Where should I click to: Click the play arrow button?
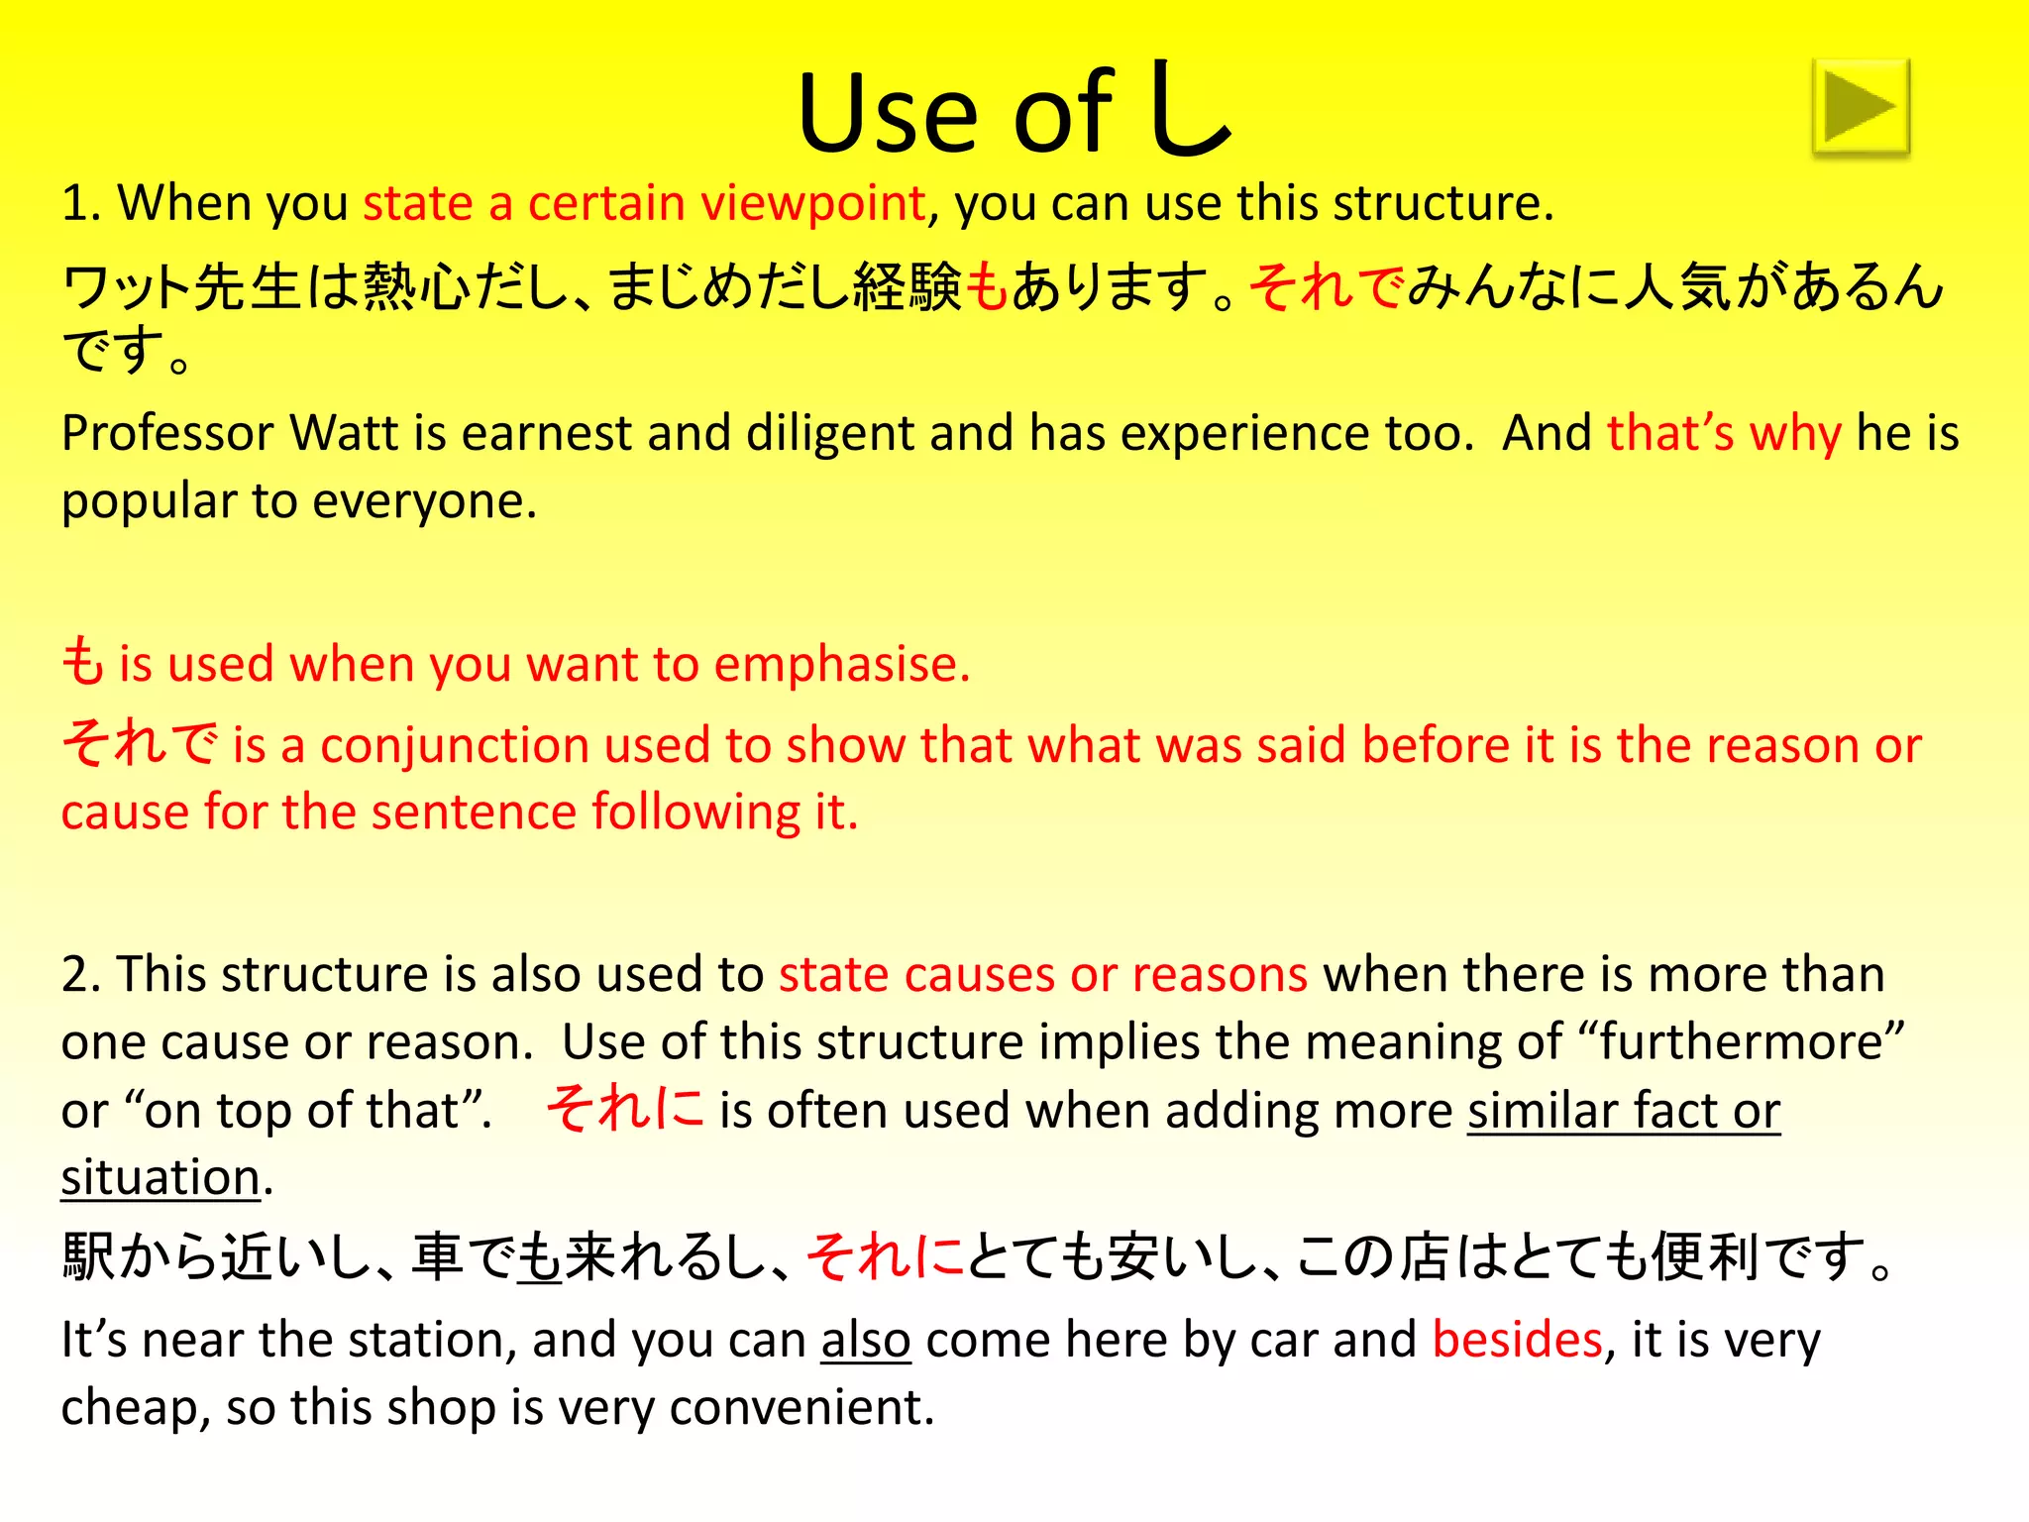coord(1861,107)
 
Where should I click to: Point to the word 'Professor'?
coord(167,434)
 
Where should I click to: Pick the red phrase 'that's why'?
coord(1724,434)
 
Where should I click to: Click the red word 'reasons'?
coord(1220,975)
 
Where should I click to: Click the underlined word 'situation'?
coord(160,1178)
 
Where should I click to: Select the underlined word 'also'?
coord(865,1341)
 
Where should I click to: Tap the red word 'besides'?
coord(1517,1341)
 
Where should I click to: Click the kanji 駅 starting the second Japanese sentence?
coord(89,1257)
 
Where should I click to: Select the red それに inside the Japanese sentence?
coord(885,1257)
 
